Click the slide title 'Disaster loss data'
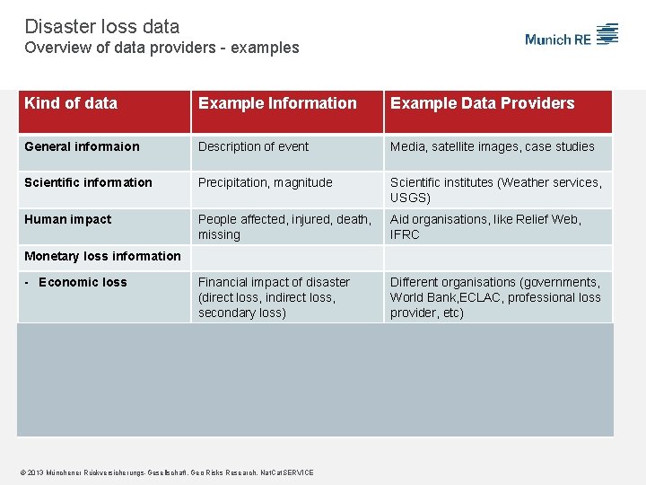click(x=102, y=27)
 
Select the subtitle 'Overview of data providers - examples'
click(x=161, y=48)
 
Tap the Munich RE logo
click(x=572, y=37)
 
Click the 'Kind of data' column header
click(x=71, y=103)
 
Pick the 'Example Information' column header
click(x=277, y=103)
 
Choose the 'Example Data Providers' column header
click(x=482, y=103)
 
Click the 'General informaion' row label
click(x=82, y=146)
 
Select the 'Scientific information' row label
click(x=88, y=182)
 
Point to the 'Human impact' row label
click(x=68, y=219)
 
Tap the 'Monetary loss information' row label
click(x=102, y=256)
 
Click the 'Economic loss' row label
click(x=83, y=282)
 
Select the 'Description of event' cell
click(x=253, y=146)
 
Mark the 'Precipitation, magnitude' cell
click(x=266, y=182)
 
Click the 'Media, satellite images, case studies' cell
click(x=492, y=146)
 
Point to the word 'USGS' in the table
click(x=408, y=198)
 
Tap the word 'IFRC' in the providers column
click(x=405, y=234)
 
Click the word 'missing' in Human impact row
click(x=219, y=234)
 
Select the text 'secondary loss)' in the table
click(x=242, y=313)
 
